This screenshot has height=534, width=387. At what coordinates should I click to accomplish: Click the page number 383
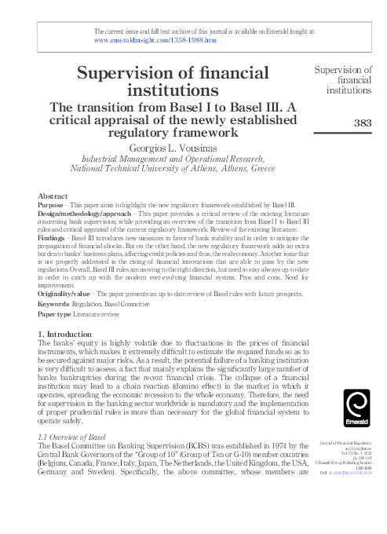pos(362,122)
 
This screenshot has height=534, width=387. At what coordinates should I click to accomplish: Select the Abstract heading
pos(52,195)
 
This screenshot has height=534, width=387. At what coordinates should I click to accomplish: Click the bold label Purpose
pos(50,203)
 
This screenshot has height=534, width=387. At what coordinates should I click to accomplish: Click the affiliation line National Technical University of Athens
pos(172,167)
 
